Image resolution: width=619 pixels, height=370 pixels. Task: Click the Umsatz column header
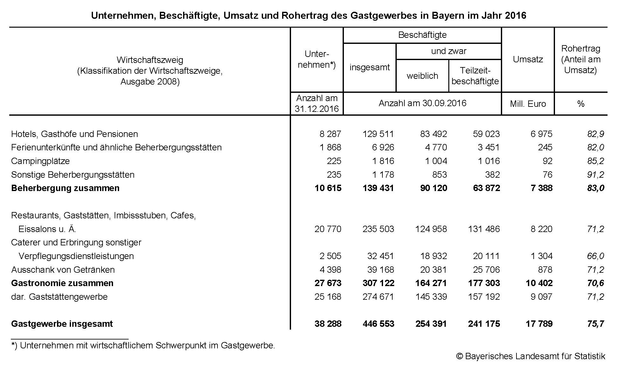528,59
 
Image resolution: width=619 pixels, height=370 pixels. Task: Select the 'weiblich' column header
422,76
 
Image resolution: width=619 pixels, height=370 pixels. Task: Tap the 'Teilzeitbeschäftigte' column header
475,76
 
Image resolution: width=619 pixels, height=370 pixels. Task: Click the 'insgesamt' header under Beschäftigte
369,67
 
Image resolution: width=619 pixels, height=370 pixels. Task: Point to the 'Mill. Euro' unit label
528,104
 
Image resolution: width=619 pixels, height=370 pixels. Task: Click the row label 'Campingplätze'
40,161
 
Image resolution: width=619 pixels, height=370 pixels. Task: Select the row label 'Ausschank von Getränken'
63,270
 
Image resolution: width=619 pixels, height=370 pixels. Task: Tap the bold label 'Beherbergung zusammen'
65,188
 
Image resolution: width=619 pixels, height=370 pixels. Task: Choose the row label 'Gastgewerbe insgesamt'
62,324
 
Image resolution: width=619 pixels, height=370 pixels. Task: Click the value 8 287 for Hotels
330,134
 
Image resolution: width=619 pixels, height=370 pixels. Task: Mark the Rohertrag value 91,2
595,175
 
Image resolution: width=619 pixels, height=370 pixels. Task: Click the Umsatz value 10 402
539,283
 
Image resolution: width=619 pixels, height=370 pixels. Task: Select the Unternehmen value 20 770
328,229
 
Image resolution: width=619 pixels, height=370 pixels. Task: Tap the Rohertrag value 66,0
595,256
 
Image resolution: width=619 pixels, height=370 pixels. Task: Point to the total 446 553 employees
378,324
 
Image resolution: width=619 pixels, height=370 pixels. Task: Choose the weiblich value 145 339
431,297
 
